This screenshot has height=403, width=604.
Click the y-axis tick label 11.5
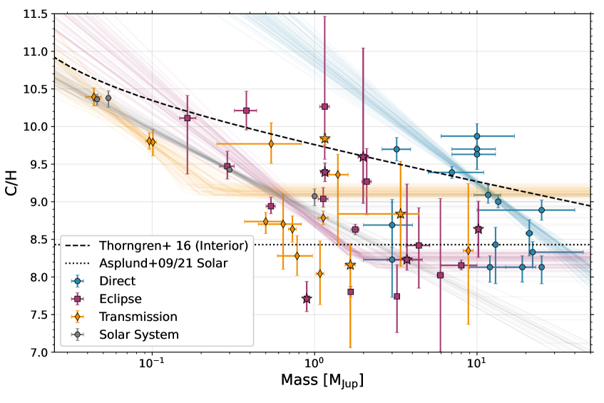coord(36,14)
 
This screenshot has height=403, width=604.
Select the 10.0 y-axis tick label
coord(36,127)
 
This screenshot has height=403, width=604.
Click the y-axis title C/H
coord(12,183)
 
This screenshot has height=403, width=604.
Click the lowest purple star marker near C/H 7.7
coord(307,299)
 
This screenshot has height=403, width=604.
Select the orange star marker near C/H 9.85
coord(324,138)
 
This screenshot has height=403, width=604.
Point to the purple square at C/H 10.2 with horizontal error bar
coord(246,111)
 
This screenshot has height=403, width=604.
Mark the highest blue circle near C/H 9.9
coord(477,136)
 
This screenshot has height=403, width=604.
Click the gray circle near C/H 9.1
coord(314,196)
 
